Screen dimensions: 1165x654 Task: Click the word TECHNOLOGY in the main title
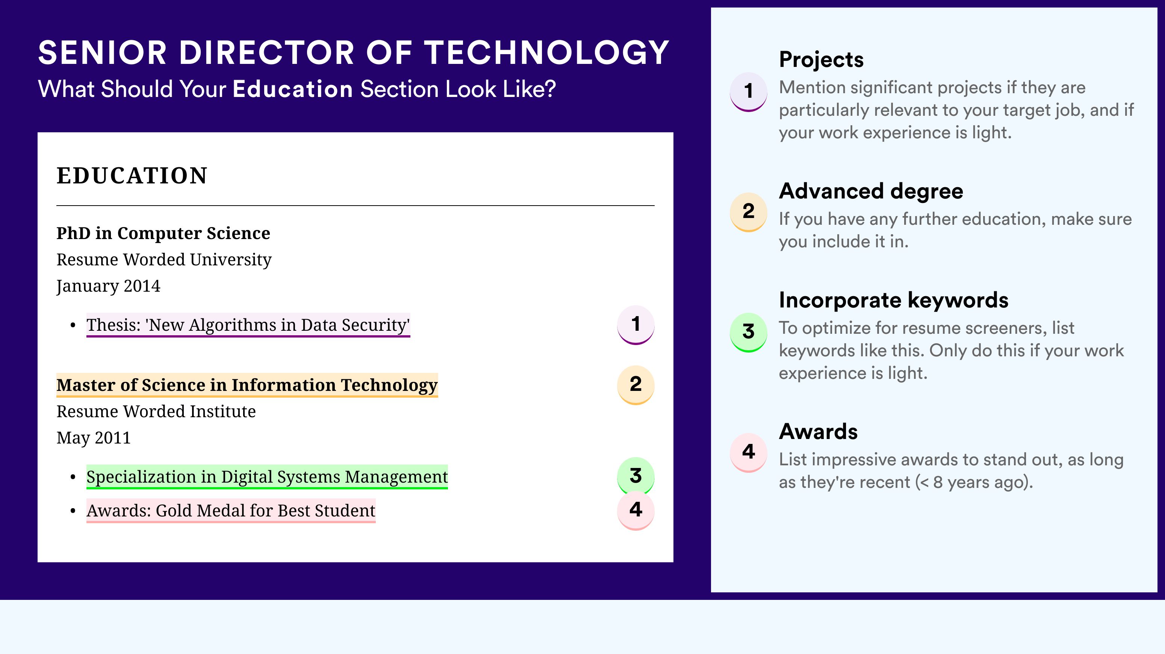(x=547, y=53)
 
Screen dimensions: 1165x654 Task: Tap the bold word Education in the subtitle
(x=293, y=89)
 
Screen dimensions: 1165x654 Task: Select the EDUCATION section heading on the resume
(x=132, y=176)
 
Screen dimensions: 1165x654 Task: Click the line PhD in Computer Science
(x=163, y=233)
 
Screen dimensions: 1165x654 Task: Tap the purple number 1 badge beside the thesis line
(x=636, y=325)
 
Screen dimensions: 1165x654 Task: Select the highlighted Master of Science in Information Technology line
(x=247, y=385)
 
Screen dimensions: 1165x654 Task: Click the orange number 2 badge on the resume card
(x=636, y=385)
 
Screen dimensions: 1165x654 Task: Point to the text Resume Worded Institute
(x=156, y=412)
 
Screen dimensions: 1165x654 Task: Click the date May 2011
(x=94, y=438)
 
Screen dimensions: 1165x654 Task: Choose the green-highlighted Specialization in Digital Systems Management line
(x=267, y=477)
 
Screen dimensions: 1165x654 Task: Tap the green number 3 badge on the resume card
(x=636, y=476)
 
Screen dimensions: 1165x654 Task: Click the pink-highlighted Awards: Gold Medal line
(x=231, y=511)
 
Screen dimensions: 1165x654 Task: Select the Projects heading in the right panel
(x=821, y=60)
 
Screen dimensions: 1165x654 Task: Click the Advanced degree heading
(x=871, y=191)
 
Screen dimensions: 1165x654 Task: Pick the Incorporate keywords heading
(x=894, y=300)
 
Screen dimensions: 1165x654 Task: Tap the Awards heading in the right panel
(x=818, y=431)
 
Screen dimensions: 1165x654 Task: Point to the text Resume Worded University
(x=164, y=260)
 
